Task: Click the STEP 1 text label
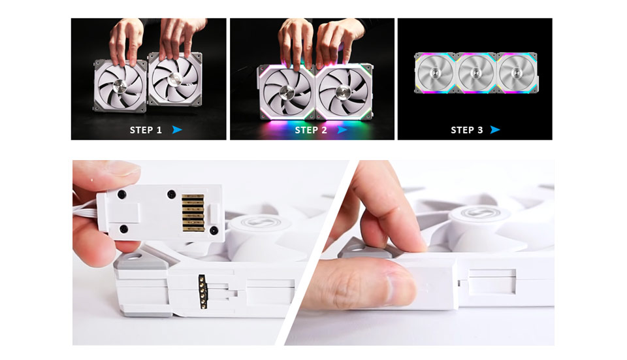tap(146, 130)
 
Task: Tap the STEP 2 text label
tap(311, 130)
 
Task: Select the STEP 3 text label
tap(466, 130)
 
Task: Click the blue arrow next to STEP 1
tap(177, 129)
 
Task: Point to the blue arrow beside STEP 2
tap(342, 129)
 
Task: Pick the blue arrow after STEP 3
tap(495, 129)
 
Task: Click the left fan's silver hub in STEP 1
tap(120, 85)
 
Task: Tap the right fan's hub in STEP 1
tap(174, 79)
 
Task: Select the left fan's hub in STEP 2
tap(287, 92)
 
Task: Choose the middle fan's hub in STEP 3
tap(475, 73)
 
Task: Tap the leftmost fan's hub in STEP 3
tap(435, 73)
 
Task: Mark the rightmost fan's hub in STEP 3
tap(516, 73)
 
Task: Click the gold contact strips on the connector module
tap(193, 213)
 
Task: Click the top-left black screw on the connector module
tap(121, 195)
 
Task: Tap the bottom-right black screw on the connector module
tap(214, 231)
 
